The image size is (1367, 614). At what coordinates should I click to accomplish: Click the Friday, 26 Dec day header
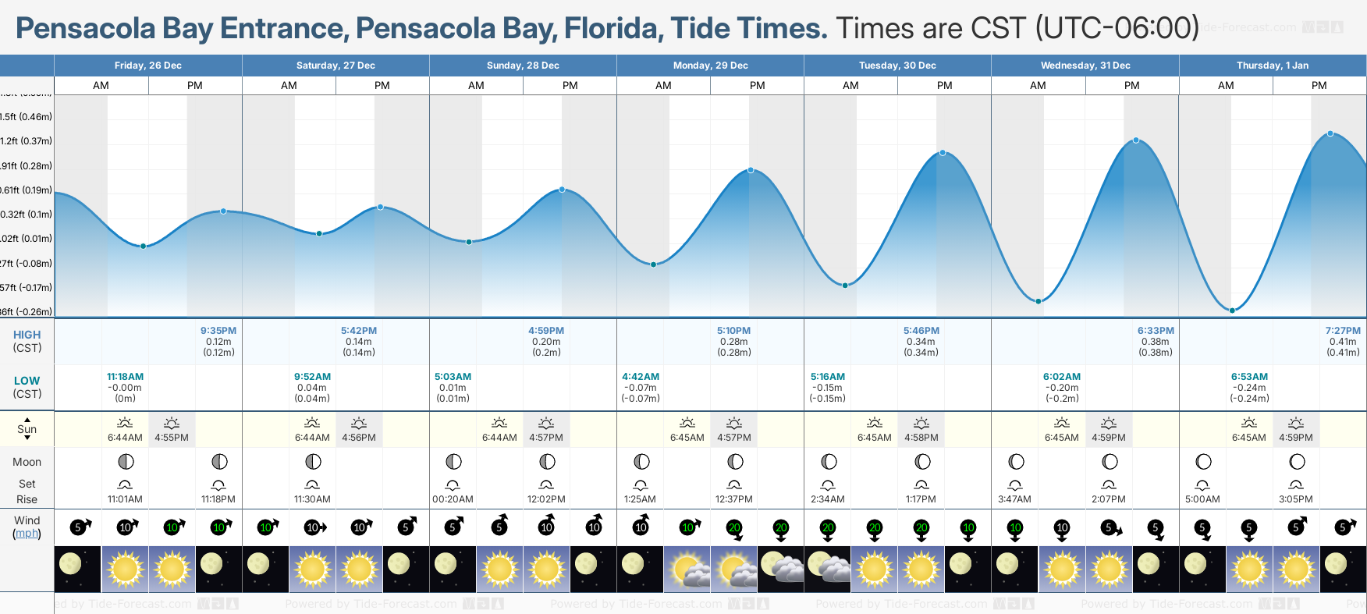[147, 66]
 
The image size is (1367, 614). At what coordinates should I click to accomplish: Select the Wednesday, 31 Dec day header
[1085, 66]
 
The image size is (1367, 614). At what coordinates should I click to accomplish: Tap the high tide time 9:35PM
[218, 331]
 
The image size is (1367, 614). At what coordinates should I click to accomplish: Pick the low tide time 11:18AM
[125, 377]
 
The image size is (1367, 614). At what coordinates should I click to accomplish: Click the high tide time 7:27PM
[1342, 331]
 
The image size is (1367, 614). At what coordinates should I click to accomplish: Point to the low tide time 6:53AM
[1249, 377]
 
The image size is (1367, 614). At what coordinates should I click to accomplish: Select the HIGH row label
[27, 335]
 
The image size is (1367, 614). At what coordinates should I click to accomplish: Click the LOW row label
[27, 381]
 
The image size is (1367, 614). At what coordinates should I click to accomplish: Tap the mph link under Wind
[27, 534]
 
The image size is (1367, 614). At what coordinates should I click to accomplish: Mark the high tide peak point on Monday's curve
[751, 170]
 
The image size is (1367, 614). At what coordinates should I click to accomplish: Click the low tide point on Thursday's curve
[1232, 311]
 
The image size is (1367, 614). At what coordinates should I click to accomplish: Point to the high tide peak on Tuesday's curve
[943, 153]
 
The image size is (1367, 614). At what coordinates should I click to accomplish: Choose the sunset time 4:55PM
[172, 438]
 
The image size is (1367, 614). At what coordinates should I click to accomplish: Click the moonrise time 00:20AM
[453, 499]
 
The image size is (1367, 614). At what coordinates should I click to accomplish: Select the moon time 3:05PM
[1295, 499]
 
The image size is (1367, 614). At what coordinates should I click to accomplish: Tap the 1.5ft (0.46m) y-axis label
[27, 117]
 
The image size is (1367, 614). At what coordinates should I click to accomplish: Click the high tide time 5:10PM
[733, 331]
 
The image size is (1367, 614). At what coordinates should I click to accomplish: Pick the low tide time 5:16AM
[827, 377]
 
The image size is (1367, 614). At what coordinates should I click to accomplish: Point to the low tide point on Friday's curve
[143, 246]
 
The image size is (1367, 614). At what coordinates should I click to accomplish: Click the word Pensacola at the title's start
[86, 29]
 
